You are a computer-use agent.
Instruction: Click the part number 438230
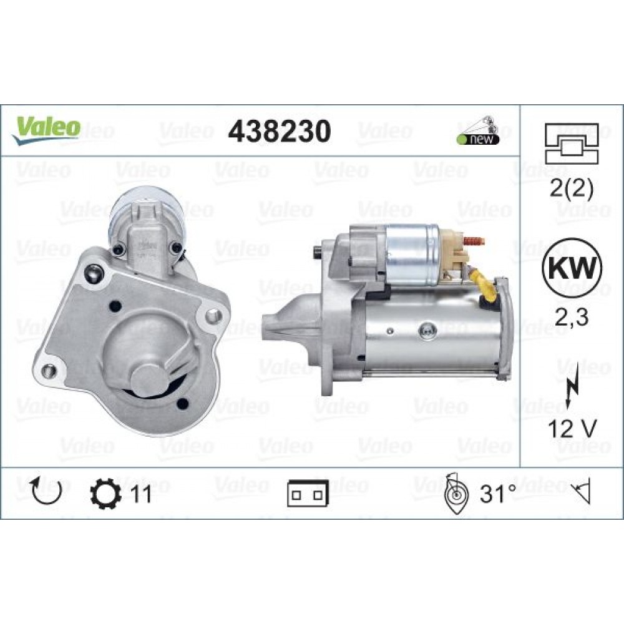tap(278, 130)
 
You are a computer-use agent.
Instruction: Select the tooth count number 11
tap(141, 494)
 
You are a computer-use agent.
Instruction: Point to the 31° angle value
tap(497, 494)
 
